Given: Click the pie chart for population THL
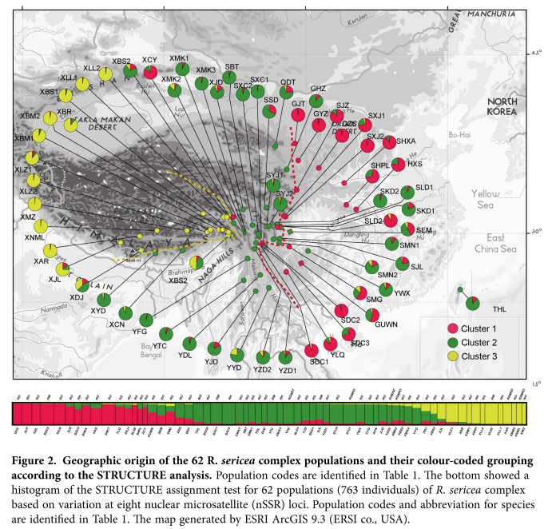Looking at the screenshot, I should pos(473,302).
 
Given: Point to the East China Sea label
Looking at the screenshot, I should pos(510,243).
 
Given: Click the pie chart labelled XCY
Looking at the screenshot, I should pos(150,73).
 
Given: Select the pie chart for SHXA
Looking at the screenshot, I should pos(389,143).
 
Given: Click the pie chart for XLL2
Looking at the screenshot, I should pos(105,74).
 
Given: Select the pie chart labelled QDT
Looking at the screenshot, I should pos(287,94).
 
